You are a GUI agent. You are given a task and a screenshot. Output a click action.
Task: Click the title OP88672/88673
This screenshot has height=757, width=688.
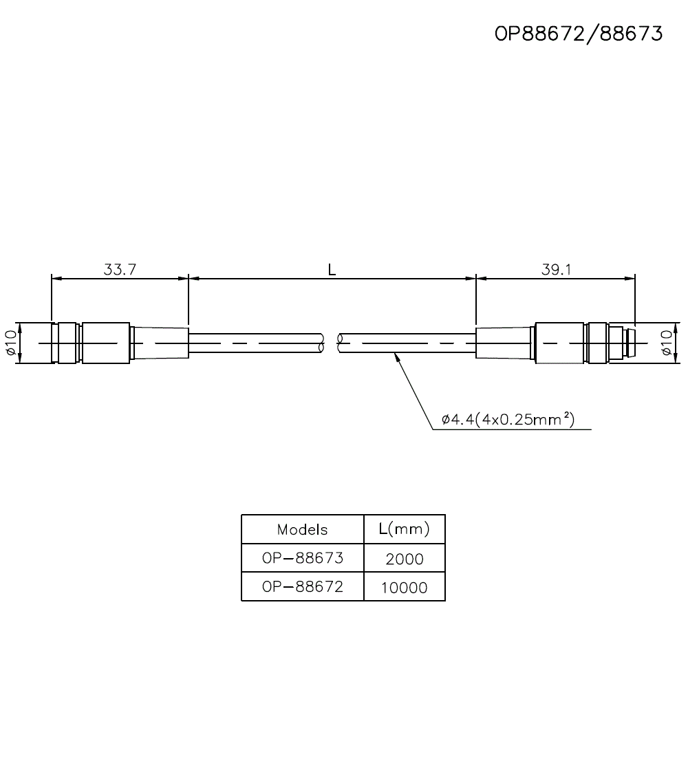[579, 34]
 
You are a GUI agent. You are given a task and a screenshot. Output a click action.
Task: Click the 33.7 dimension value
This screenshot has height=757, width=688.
[120, 269]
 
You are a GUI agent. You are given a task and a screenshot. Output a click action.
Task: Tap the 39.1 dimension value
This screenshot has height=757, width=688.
[556, 269]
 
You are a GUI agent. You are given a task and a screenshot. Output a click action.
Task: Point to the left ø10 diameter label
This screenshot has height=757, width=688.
[10, 342]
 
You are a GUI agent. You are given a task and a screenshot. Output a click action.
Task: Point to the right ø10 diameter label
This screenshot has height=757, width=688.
[665, 342]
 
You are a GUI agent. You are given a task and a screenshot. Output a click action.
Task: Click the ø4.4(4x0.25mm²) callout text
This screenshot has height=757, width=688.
[508, 419]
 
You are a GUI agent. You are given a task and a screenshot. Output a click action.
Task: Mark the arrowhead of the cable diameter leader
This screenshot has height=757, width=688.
[396, 356]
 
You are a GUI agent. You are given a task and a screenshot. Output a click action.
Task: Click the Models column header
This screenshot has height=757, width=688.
[302, 530]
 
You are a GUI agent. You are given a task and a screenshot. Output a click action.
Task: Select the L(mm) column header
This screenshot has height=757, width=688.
[405, 529]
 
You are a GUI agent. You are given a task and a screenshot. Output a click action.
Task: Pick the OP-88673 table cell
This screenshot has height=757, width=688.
[302, 557]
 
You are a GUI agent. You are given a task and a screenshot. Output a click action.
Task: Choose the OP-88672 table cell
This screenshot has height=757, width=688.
[302, 587]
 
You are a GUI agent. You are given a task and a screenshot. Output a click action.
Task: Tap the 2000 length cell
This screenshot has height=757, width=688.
[405, 559]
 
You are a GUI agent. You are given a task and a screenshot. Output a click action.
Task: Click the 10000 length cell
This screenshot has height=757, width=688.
[405, 588]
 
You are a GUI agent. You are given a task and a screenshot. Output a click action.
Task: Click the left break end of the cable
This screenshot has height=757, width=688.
[322, 342]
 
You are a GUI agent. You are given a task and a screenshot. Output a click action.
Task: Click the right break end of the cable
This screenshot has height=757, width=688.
[340, 342]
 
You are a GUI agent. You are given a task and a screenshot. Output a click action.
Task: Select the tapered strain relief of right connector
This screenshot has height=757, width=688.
[505, 342]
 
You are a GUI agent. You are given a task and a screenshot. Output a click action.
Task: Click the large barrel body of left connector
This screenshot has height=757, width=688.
[105, 342]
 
